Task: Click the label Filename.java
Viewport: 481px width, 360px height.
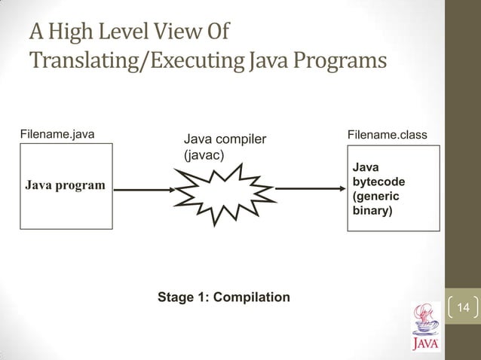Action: (57, 135)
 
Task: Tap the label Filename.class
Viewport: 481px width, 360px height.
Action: (387, 135)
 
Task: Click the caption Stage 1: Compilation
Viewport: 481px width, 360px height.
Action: (223, 297)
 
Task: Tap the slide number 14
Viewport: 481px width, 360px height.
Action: (463, 307)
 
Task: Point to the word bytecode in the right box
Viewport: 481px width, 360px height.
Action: (378, 182)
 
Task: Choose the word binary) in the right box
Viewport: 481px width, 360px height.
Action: (372, 212)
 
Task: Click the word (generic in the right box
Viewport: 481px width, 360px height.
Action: (375, 197)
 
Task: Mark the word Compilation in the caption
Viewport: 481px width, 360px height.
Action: (251, 297)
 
